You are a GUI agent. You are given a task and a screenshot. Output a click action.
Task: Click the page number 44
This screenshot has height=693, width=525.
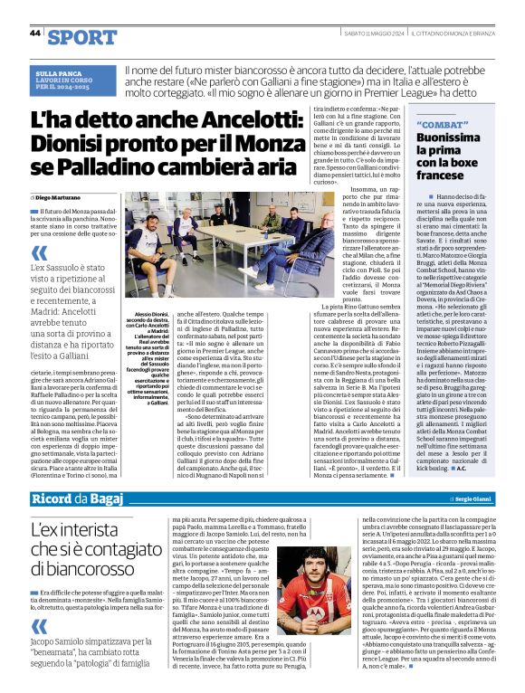pyautogui.click(x=34, y=32)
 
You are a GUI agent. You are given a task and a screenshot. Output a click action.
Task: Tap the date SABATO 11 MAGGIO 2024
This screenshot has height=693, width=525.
pyautogui.click(x=371, y=33)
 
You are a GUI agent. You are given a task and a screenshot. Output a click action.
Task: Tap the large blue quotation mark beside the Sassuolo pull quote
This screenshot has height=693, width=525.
pyautogui.click(x=39, y=254)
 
